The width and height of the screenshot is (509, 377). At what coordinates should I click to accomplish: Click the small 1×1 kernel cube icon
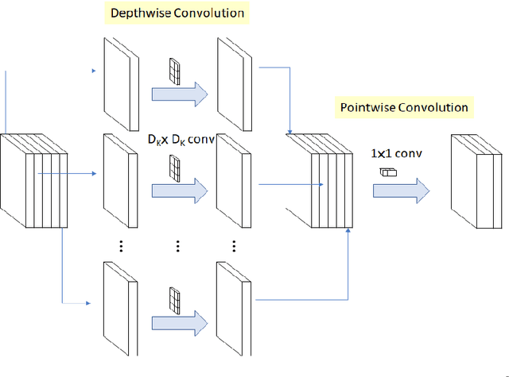388,171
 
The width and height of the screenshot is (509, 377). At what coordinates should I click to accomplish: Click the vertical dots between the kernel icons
176,246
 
